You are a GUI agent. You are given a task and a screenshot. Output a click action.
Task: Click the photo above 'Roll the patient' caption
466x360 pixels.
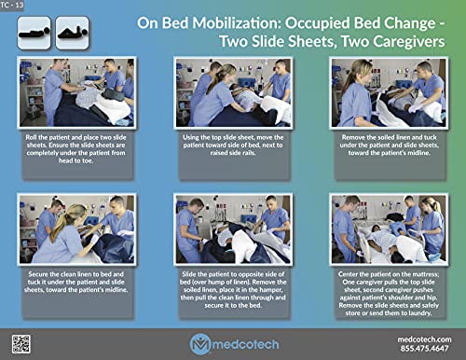coord(76,92)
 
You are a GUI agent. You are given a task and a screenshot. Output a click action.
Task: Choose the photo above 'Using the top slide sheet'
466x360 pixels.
coord(233,92)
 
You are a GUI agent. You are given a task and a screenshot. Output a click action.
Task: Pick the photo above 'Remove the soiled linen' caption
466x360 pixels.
coord(388,92)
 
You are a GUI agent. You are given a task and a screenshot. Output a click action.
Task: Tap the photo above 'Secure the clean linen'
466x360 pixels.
coord(76,229)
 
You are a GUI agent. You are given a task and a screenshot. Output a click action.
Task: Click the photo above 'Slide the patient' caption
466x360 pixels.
coord(233,229)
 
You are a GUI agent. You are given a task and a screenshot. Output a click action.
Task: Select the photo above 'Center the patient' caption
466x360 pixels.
coord(388,229)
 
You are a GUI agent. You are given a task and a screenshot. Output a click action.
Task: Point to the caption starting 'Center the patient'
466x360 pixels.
coord(388,293)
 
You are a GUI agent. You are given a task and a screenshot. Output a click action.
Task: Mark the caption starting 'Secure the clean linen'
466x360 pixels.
coord(76,284)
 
